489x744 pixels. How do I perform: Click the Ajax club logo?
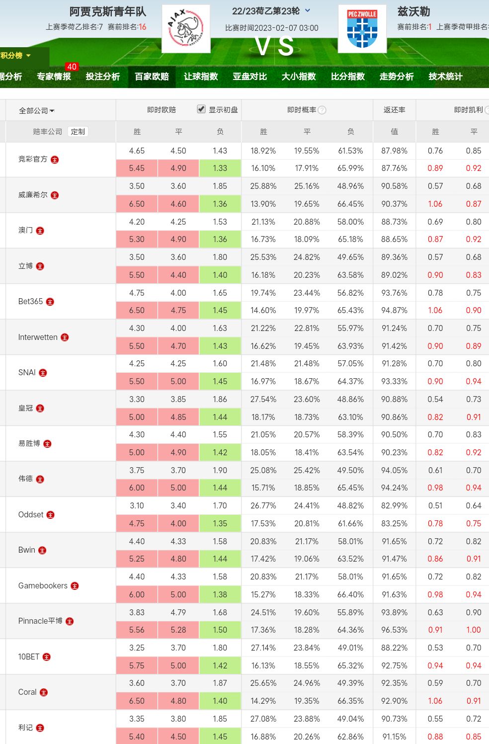[186, 29]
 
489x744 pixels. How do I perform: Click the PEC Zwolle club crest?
[362, 29]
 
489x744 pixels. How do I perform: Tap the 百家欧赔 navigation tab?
[152, 77]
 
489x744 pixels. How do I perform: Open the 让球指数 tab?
[201, 77]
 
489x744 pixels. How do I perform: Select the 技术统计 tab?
[445, 77]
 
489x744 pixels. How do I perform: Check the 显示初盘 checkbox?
[201, 109]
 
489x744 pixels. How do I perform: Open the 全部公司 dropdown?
[36, 110]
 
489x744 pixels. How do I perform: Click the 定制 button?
[78, 132]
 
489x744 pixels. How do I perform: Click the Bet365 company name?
[30, 302]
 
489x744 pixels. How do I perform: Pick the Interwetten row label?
[38, 337]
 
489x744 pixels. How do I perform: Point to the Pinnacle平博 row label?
[40, 621]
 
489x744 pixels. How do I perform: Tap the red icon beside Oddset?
[51, 515]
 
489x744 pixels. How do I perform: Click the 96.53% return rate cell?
[394, 630]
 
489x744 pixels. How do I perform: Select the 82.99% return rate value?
[394, 506]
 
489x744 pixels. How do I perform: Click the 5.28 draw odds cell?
[178, 630]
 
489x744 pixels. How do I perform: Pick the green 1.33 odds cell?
[220, 168]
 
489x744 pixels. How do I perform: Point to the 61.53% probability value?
[350, 151]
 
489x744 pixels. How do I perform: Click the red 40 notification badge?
[72, 67]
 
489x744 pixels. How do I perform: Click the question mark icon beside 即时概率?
[322, 110]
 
